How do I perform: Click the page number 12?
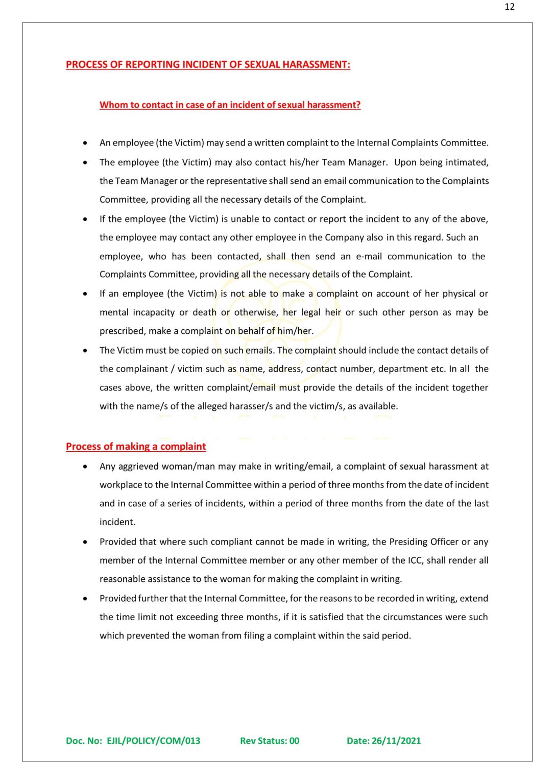[x=509, y=7]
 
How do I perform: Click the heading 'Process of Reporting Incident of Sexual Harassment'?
[x=208, y=65]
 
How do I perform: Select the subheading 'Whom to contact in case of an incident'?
[x=230, y=105]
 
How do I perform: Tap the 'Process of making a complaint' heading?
[x=136, y=447]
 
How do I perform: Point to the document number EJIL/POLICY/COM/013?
[x=153, y=741]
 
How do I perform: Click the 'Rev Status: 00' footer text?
[x=270, y=741]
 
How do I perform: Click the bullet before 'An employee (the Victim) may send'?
[x=85, y=143]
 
